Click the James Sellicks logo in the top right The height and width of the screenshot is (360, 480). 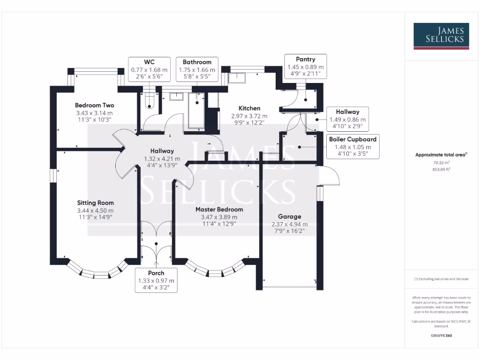[x=441, y=36]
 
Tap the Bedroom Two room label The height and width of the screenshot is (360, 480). [x=94, y=105]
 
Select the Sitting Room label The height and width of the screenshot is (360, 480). [x=95, y=203]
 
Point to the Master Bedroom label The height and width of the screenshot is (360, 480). [x=219, y=210]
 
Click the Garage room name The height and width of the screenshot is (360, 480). [x=289, y=217]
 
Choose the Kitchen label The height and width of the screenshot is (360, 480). [x=249, y=108]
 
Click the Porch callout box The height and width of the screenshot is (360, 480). [x=156, y=280]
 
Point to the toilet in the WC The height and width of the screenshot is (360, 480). [x=149, y=103]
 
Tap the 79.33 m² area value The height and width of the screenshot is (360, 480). [x=441, y=163]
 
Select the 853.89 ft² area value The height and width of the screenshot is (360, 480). [x=441, y=170]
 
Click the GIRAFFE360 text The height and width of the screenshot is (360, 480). [x=441, y=336]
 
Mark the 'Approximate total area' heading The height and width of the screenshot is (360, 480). [x=441, y=155]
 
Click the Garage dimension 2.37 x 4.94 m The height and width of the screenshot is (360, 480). [x=289, y=224]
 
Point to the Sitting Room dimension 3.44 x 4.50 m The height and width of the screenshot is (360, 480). [x=95, y=210]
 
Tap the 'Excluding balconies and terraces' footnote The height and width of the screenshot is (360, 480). [x=441, y=279]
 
